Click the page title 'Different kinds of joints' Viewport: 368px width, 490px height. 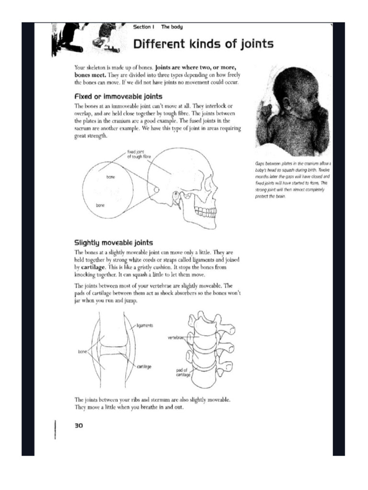(x=203, y=45)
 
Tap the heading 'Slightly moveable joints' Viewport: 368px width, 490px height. (x=114, y=243)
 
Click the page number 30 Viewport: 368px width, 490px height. (x=79, y=424)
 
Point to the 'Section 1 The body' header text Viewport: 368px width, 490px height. (x=158, y=27)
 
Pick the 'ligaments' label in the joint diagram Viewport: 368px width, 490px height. (x=144, y=325)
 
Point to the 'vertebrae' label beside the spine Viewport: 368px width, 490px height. (x=176, y=338)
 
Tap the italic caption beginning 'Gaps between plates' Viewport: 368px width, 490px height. (x=293, y=180)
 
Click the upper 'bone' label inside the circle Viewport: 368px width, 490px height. (x=111, y=177)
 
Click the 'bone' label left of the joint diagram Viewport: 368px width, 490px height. (x=82, y=352)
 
